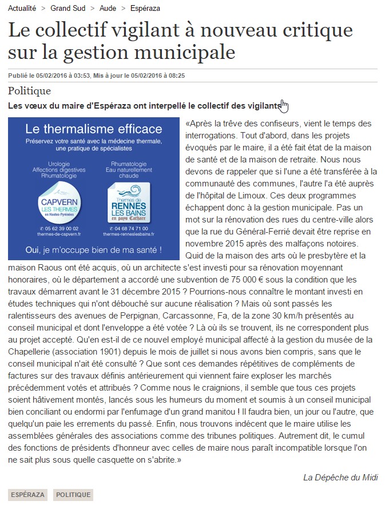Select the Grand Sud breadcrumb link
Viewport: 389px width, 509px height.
click(x=68, y=9)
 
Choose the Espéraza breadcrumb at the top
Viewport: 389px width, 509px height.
click(x=146, y=9)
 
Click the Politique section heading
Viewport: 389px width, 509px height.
click(x=30, y=91)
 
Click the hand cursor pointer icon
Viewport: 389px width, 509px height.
click(x=284, y=106)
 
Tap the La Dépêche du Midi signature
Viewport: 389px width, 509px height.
click(x=340, y=478)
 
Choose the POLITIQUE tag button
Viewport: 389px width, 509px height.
click(x=73, y=495)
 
